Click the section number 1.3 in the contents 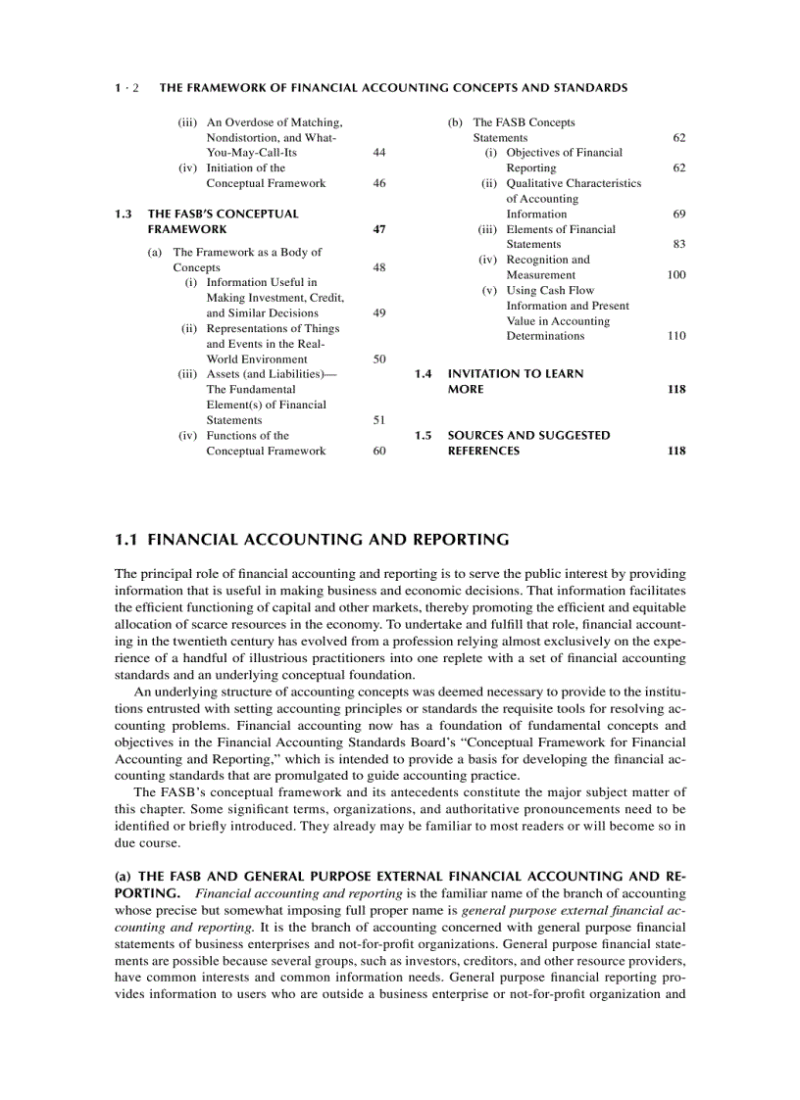(x=124, y=214)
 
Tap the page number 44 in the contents (x=379, y=153)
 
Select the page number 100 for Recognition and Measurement (x=675, y=275)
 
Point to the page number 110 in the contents (x=675, y=336)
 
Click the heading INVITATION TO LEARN (x=515, y=374)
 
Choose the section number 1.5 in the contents (x=424, y=435)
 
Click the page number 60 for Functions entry (x=379, y=451)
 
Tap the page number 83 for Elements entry (x=678, y=244)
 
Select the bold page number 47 (x=379, y=229)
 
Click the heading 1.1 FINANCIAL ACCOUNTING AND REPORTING (x=312, y=540)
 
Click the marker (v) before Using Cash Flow (x=489, y=290)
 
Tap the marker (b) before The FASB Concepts (x=455, y=122)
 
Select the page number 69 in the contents (x=678, y=214)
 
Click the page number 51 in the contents (x=379, y=420)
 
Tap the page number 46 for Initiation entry (x=379, y=183)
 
